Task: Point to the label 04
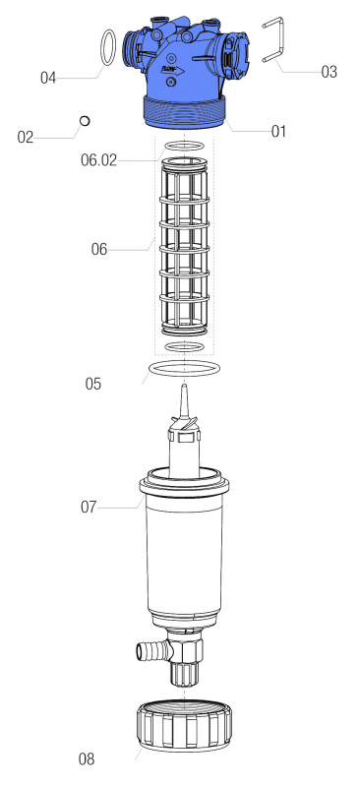pyautogui.click(x=48, y=77)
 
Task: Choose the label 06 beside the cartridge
pyautogui.click(x=98, y=250)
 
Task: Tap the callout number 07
pyautogui.click(x=90, y=508)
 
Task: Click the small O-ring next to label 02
pyautogui.click(x=85, y=120)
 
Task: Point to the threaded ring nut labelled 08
pyautogui.click(x=185, y=729)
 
